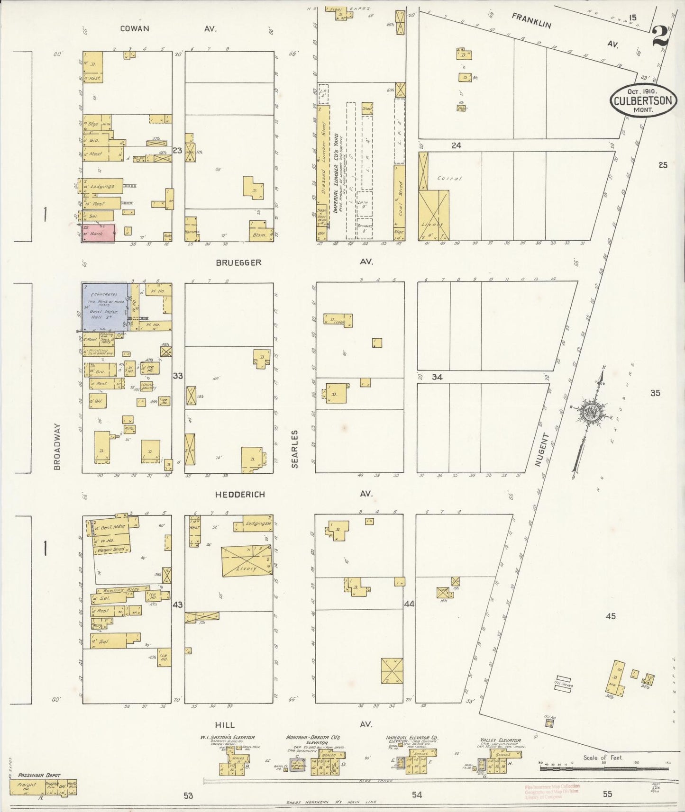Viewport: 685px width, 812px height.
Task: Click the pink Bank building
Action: (99, 233)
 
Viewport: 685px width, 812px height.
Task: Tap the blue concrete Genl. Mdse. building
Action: (105, 307)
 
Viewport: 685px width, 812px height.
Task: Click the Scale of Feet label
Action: (603, 758)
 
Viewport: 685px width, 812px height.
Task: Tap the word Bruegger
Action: (238, 262)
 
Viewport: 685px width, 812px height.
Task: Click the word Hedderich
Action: (240, 495)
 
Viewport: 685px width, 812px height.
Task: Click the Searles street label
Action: (295, 449)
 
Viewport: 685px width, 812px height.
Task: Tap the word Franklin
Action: (531, 20)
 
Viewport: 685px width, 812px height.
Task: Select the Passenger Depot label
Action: (39, 775)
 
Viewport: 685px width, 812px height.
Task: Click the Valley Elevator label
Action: (500, 740)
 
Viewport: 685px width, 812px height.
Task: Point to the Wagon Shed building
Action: (111, 550)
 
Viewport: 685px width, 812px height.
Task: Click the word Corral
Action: (449, 179)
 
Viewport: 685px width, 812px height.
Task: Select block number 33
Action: (177, 376)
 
